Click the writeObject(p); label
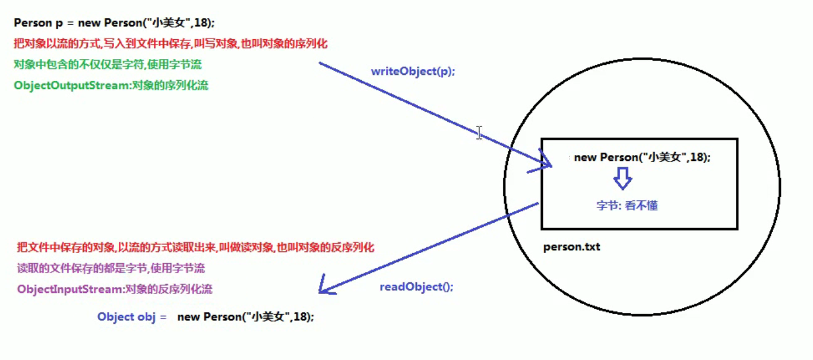413,71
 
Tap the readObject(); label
416,287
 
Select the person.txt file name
571,247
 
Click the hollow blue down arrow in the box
622,178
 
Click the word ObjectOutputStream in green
71,86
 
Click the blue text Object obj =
132,317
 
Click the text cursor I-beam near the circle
479,133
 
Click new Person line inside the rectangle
642,157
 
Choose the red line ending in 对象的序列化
170,44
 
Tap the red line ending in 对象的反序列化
195,247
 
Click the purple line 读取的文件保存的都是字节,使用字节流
110,269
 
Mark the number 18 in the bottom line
301,317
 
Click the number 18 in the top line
203,23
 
